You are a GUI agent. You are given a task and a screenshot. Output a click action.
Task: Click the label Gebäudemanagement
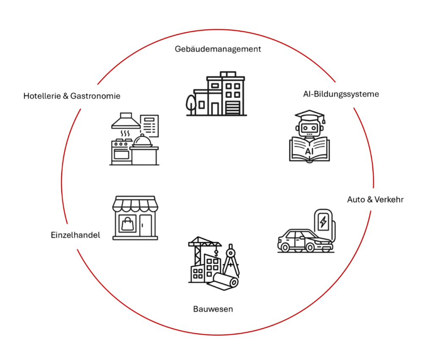(x=218, y=49)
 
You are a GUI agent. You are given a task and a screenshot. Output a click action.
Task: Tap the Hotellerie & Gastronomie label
(x=72, y=96)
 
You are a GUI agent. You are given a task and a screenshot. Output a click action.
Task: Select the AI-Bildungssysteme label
(x=341, y=94)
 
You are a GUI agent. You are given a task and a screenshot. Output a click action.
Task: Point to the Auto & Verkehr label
(x=375, y=199)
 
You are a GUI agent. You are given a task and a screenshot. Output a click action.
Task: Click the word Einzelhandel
(x=75, y=235)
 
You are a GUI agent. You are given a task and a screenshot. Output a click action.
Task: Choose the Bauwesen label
(x=213, y=309)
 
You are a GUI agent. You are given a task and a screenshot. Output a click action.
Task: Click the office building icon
(x=216, y=93)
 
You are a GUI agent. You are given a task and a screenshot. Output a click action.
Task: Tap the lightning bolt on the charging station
(x=324, y=221)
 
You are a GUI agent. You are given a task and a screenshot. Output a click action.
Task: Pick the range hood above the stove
(x=126, y=120)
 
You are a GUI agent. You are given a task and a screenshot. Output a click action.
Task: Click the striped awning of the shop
(x=134, y=205)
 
